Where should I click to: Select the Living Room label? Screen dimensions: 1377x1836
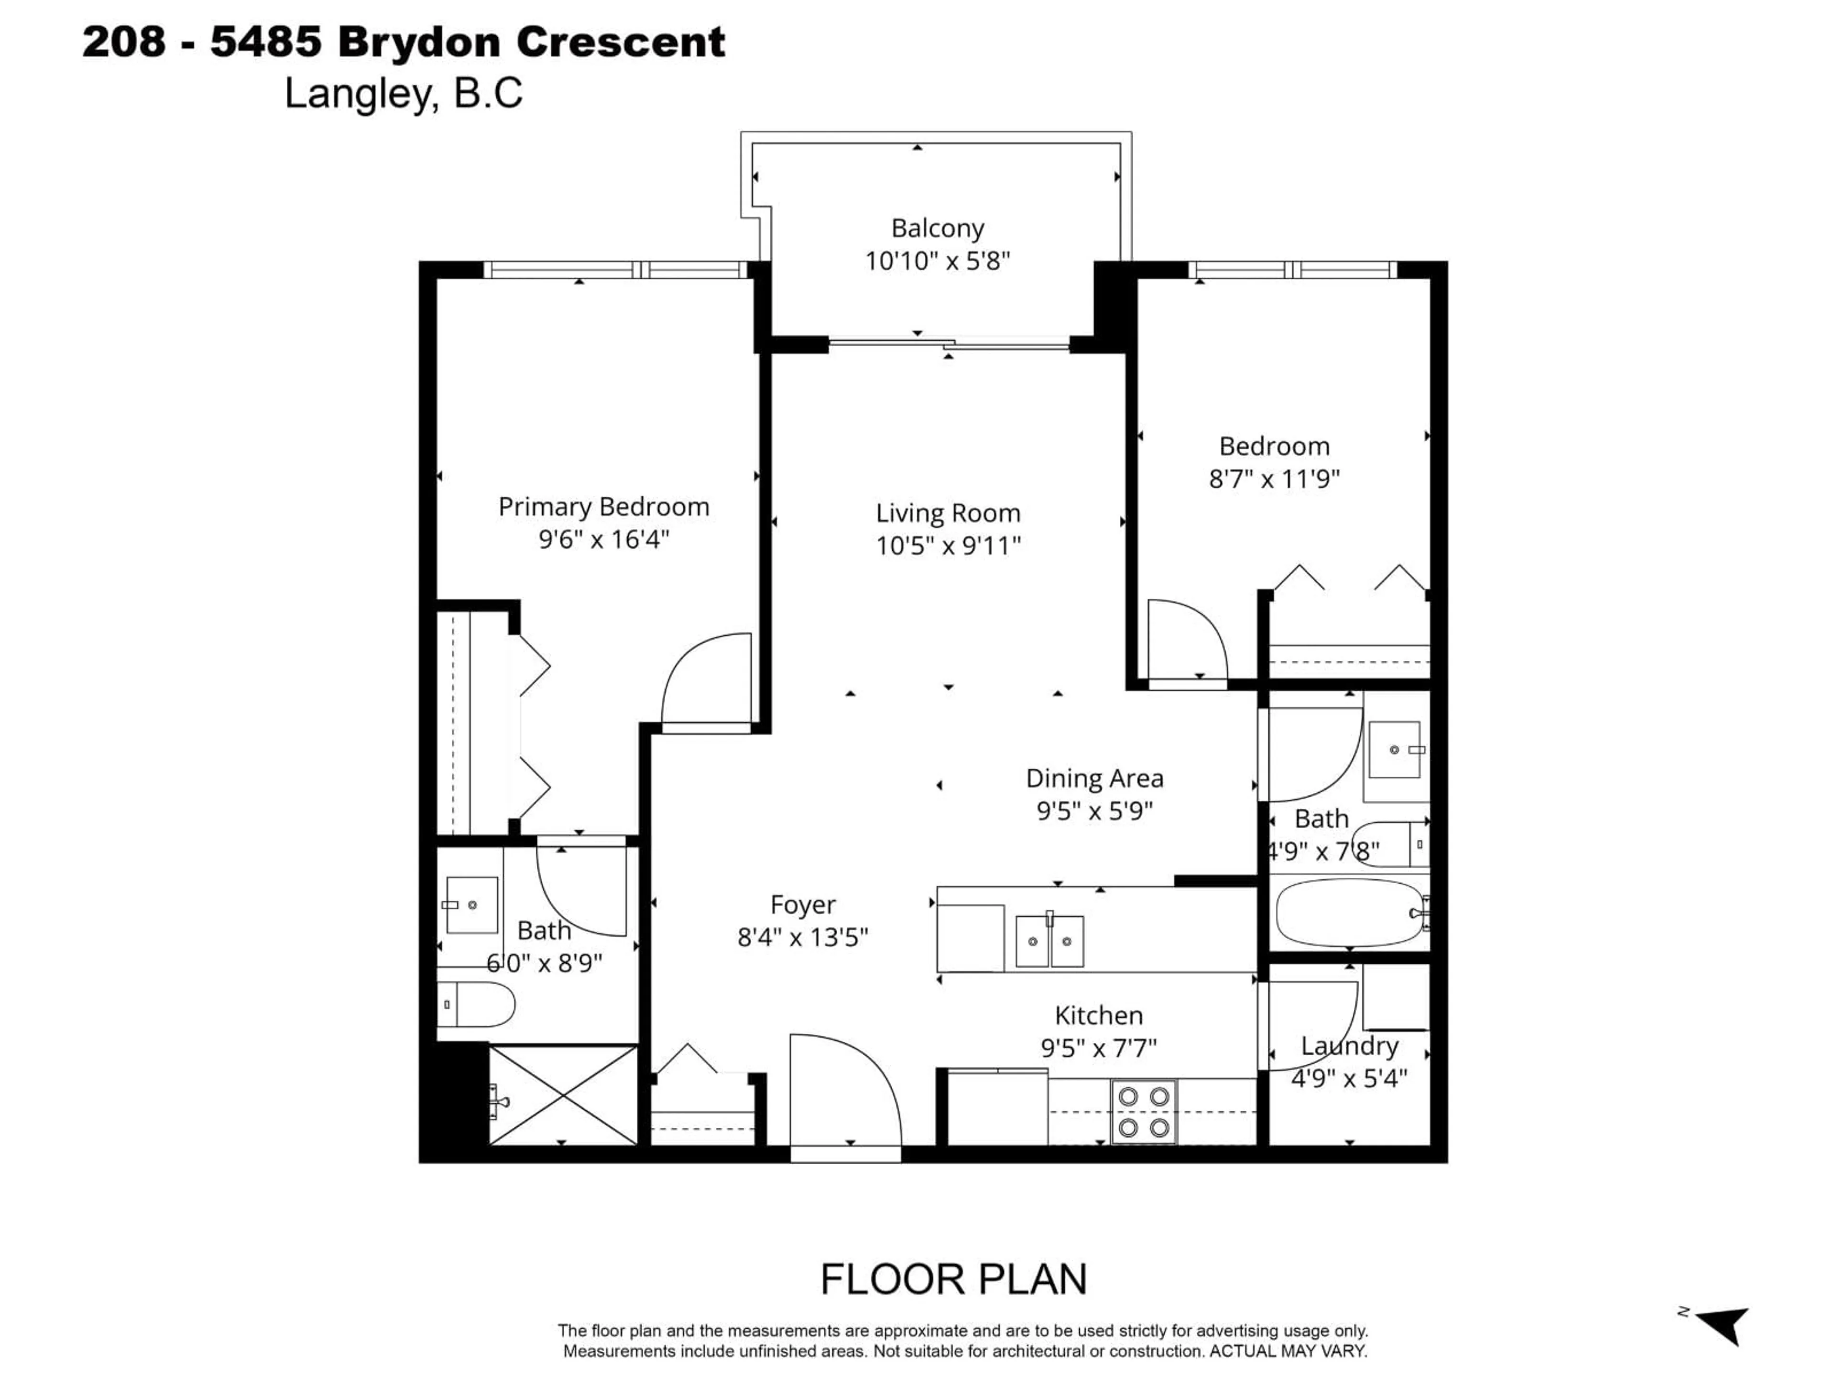click(x=948, y=513)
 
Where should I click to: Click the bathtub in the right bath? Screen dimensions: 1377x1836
click(x=1349, y=913)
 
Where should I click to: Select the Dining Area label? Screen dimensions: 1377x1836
click(x=1094, y=778)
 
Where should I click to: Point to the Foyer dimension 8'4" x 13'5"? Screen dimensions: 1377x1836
click(x=803, y=937)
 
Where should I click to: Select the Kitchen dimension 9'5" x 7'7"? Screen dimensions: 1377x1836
click(x=1098, y=1049)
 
